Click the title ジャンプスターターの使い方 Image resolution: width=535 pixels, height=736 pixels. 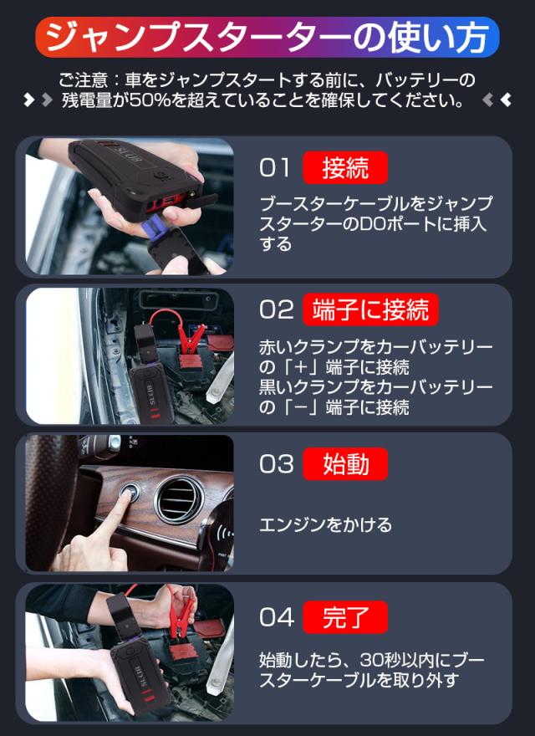267,38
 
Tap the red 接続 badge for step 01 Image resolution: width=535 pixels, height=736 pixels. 345,167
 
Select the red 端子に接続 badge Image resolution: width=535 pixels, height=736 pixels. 370,309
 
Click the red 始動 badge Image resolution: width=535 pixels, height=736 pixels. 345,463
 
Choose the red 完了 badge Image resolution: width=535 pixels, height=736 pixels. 345,617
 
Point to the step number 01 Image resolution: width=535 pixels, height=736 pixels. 274,167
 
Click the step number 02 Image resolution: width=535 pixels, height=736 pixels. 277,309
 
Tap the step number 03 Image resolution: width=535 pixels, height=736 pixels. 277,463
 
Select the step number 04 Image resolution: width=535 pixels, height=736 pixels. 277,617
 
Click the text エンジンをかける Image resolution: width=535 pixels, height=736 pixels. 325,524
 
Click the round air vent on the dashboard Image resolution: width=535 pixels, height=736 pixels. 179,500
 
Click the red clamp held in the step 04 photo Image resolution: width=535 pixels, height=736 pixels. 181,611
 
